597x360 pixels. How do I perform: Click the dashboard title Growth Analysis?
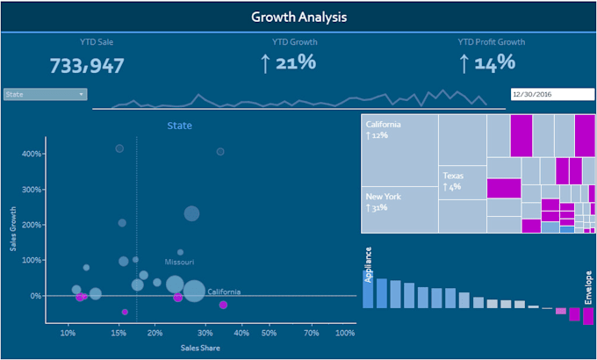(298, 17)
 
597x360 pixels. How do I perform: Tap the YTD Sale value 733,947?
(87, 66)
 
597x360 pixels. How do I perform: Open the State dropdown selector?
(45, 94)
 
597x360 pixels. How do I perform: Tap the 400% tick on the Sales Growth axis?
(32, 155)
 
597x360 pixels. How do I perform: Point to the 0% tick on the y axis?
(35, 296)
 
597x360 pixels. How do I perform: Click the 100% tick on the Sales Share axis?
(345, 334)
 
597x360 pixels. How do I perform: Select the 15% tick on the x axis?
(117, 334)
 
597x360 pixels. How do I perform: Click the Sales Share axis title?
(200, 349)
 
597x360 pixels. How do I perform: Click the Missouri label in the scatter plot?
(179, 262)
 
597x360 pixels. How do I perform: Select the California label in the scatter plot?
(224, 292)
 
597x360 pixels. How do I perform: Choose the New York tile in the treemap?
(400, 210)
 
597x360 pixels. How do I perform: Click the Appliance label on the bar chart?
(369, 263)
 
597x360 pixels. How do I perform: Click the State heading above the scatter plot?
(179, 126)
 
